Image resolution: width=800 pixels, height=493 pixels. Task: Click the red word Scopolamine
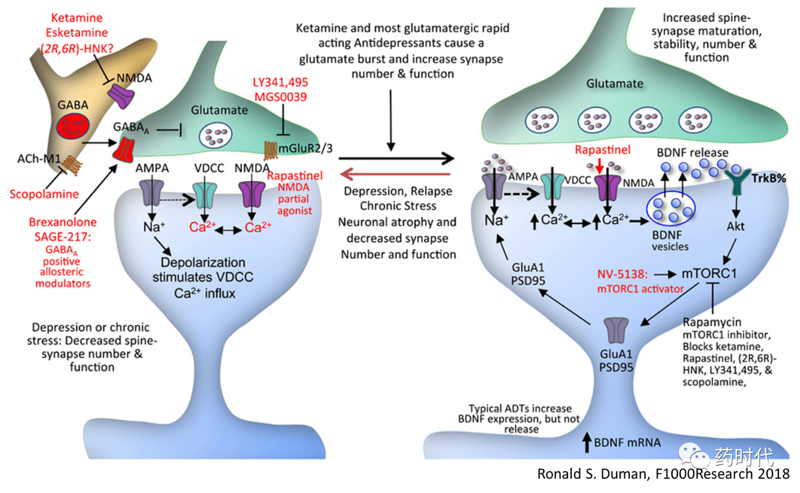pos(44,194)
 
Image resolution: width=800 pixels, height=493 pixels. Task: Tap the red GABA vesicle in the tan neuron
pos(73,127)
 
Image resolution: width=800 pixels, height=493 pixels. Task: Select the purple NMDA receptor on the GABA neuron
pos(121,95)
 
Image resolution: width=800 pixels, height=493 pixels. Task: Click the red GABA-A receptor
pos(124,150)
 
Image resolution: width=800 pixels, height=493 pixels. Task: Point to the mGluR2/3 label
pos(305,148)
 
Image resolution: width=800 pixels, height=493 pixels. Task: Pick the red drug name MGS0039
pos(280,97)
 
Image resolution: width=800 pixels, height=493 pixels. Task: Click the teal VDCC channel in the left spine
pos(205,195)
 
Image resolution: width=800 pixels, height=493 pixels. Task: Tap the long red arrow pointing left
pos(395,174)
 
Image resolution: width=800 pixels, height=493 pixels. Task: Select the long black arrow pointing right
pos(397,158)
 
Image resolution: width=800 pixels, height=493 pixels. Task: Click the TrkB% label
pos(769,178)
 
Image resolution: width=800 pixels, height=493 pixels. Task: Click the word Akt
pos(736,226)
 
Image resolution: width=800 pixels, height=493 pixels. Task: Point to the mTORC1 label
pos(709,274)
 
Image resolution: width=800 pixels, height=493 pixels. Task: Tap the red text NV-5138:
pos(622,274)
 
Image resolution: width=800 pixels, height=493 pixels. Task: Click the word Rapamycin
pos(712,322)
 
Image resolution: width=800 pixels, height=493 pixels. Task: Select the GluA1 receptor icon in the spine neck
pos(616,331)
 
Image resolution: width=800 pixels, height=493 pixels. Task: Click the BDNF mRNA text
pos(627,443)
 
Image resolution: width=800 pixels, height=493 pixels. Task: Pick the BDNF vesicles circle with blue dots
pos(671,208)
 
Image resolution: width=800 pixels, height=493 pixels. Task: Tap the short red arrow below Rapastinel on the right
pos(599,165)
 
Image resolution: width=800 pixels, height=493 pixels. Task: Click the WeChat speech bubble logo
pos(693,455)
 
